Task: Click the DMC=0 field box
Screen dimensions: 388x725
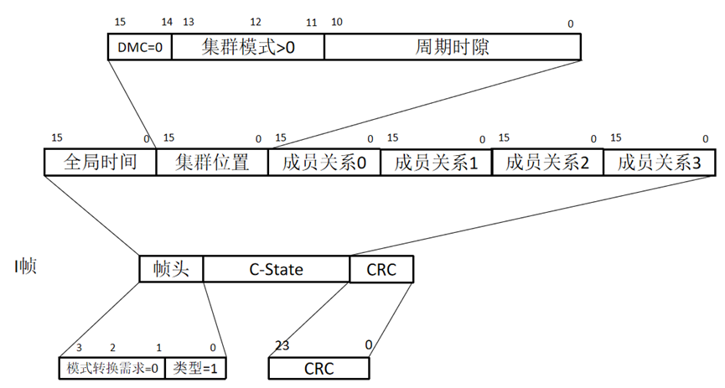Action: [x=140, y=48]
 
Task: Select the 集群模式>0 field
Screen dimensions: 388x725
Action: [x=248, y=48]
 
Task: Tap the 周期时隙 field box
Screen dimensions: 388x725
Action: [x=453, y=48]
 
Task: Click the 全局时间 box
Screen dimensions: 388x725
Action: [x=100, y=163]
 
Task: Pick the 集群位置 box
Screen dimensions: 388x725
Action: [x=212, y=163]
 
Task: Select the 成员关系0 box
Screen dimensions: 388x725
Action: [x=324, y=163]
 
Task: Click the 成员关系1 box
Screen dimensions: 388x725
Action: [x=435, y=163]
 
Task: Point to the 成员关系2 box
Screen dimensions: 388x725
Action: [x=547, y=163]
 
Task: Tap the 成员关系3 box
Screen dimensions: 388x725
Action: [x=660, y=163]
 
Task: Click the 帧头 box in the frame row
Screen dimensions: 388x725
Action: [x=171, y=269]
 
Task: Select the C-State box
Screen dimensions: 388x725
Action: [x=276, y=269]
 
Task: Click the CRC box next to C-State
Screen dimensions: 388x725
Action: [x=381, y=269]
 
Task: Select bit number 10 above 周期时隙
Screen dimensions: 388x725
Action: [x=336, y=22]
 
